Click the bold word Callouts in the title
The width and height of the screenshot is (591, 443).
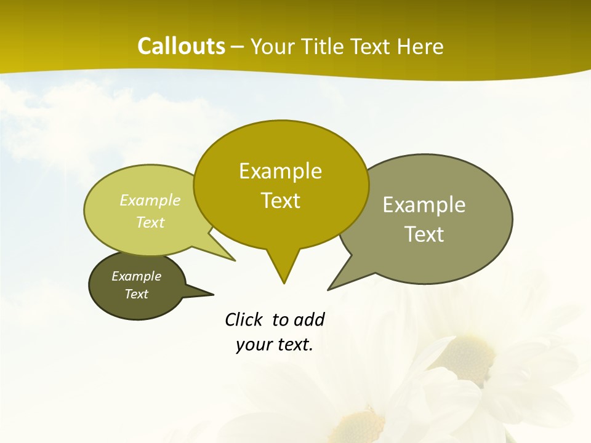(x=181, y=46)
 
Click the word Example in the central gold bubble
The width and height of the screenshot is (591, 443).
(x=280, y=171)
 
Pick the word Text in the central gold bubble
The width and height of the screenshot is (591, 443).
(x=280, y=201)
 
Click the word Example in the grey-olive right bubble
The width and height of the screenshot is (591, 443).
(x=424, y=205)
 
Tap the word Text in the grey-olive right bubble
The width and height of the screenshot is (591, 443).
(x=424, y=234)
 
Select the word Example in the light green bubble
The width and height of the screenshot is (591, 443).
(x=150, y=201)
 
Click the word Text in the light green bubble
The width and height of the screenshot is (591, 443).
(x=150, y=222)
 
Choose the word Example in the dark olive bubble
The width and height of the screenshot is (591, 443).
(x=137, y=276)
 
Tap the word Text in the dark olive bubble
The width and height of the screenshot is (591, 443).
(x=137, y=294)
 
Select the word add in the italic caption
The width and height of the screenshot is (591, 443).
(x=309, y=320)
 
